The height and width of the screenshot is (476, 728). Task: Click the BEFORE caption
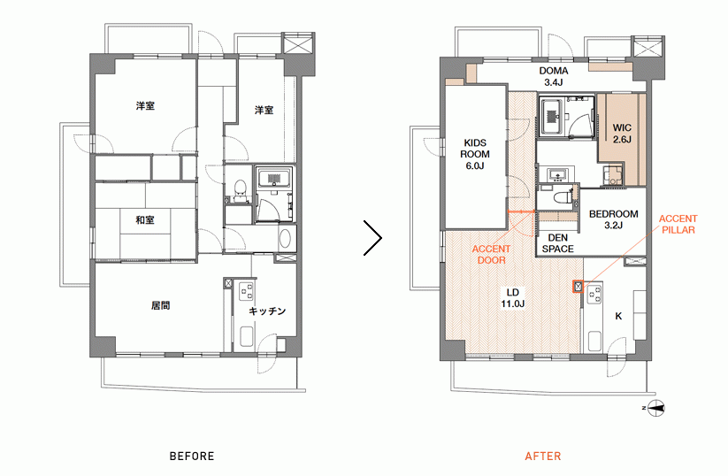pos(192,456)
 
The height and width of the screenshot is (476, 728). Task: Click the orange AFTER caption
pos(543,456)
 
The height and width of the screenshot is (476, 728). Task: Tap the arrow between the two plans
pos(372,238)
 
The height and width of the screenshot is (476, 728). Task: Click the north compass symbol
pos(655,408)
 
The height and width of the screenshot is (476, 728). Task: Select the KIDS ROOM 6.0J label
pos(474,154)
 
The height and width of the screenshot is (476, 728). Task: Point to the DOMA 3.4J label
pos(554,77)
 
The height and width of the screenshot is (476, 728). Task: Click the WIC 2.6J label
pos(622,134)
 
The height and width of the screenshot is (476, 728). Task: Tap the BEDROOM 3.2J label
pos(613,219)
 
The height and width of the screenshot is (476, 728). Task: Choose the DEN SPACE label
pos(557,243)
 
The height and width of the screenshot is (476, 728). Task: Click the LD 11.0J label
pos(512,298)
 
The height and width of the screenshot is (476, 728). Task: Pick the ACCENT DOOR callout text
pos(491,255)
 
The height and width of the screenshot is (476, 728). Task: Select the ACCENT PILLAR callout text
pos(678,225)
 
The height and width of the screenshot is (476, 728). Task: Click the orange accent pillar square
pos(578,287)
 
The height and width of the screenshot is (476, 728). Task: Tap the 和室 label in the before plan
pos(145,219)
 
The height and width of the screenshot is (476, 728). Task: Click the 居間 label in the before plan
pos(160,305)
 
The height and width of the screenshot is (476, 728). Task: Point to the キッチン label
pos(267,311)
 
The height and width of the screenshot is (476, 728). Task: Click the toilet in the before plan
pos(240,188)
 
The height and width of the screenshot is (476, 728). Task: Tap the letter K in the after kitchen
pos(618,316)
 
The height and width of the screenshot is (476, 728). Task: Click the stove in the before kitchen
pos(246,292)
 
